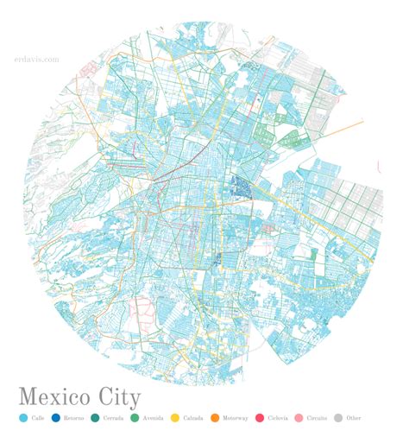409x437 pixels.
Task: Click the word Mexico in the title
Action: (59, 397)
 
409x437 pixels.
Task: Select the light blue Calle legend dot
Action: (22, 418)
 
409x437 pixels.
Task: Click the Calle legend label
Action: (37, 418)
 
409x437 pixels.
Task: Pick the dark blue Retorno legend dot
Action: (56, 418)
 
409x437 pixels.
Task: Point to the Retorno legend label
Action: (73, 418)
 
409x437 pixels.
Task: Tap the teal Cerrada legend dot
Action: (95, 418)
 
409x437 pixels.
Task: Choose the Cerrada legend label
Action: (113, 418)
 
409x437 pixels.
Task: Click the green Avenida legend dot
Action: (134, 418)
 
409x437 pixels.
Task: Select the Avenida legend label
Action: (152, 418)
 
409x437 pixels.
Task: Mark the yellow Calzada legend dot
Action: (174, 418)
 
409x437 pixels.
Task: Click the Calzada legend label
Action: (192, 418)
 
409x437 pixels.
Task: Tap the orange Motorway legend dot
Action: (215, 418)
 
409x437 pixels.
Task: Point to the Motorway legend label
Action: (235, 418)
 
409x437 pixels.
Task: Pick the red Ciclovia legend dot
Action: (257, 418)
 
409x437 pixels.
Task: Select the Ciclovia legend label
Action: (276, 418)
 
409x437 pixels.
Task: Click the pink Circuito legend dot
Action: (299, 418)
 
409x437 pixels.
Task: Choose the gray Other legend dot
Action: (337, 418)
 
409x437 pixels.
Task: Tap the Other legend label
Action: (353, 418)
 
